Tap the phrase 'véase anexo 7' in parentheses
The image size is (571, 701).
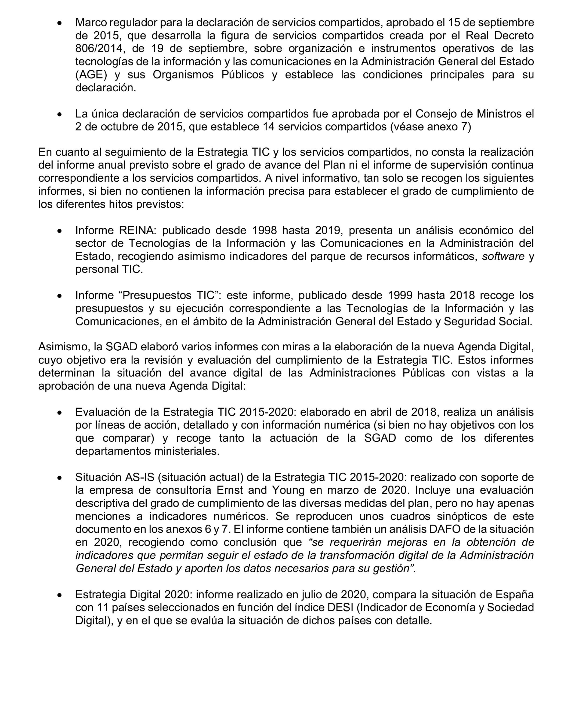coord(431,127)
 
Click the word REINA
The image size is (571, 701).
coord(136,230)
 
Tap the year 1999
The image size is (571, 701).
coord(400,295)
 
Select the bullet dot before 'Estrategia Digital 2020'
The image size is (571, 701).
coord(60,595)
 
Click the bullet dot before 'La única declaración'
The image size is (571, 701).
coord(60,114)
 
